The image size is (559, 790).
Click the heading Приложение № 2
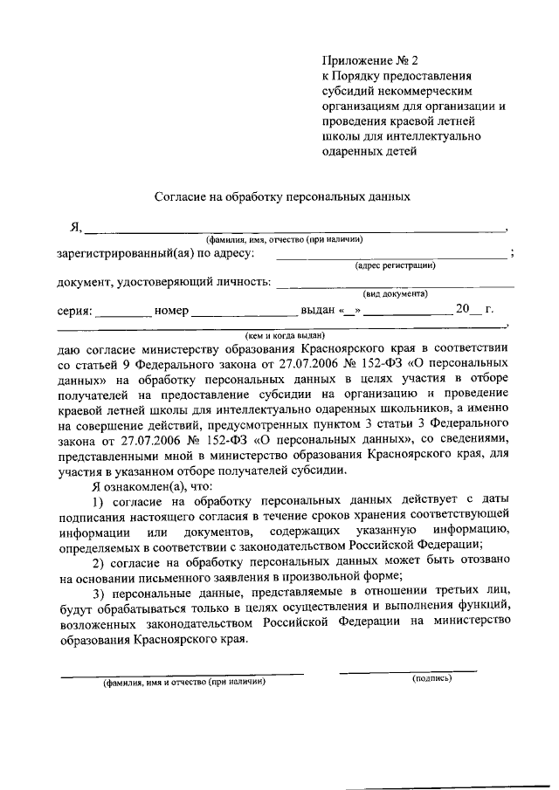click(370, 61)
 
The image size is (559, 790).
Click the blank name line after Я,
click(294, 230)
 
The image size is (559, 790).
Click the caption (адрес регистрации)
click(395, 265)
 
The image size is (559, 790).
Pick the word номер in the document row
click(171, 310)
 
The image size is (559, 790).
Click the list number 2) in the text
click(98, 560)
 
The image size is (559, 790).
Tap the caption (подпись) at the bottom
click(431, 677)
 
